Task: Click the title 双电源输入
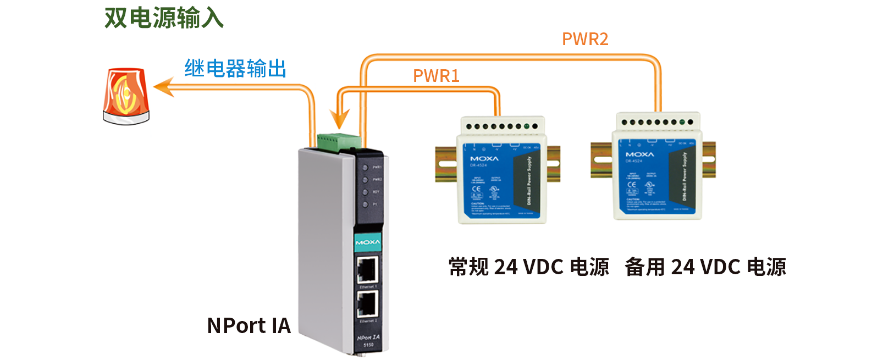pyautogui.click(x=164, y=18)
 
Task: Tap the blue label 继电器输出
pyautogui.click(x=235, y=69)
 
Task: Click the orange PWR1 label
pyautogui.click(x=436, y=76)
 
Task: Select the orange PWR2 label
pyautogui.click(x=585, y=39)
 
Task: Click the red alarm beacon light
pyautogui.click(x=126, y=96)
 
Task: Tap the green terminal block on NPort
pyautogui.click(x=339, y=141)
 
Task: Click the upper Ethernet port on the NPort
pyautogui.click(x=367, y=270)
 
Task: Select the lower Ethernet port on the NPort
pyautogui.click(x=367, y=304)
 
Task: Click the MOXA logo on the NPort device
pyautogui.click(x=368, y=242)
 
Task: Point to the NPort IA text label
pyautogui.click(x=249, y=325)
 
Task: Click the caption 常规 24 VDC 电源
pyautogui.click(x=528, y=267)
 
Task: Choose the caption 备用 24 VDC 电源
pyautogui.click(x=705, y=267)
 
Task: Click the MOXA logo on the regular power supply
pyautogui.click(x=484, y=158)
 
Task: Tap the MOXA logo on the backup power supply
pyautogui.click(x=639, y=154)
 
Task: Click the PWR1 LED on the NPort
pyautogui.click(x=365, y=167)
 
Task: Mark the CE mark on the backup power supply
pyautogui.click(x=632, y=185)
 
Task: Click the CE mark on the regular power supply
pyautogui.click(x=476, y=189)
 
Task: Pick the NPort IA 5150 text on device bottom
pyautogui.click(x=368, y=340)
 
